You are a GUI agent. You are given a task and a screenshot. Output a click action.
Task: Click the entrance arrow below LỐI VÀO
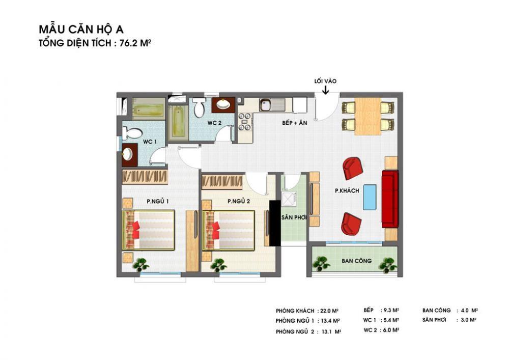pos(325,90)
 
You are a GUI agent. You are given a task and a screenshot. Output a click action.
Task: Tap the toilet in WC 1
pos(132,133)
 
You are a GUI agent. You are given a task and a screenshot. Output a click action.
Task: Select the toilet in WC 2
pos(200,107)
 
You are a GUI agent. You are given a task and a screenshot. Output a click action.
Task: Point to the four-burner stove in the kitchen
pos(244,121)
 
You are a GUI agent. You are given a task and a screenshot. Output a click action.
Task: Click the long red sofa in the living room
pos(390,199)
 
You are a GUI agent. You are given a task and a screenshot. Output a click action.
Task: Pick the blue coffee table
pos(370,197)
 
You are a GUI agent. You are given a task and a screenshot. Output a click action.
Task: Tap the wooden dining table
pos(367,116)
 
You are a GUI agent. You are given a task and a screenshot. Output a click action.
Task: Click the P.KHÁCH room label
pos(347,191)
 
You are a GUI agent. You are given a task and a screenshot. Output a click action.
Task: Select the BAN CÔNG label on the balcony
pos(356,261)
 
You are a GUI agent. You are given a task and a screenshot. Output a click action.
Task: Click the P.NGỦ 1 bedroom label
pos(157,201)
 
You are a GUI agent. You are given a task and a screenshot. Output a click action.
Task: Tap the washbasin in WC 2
pos(223,104)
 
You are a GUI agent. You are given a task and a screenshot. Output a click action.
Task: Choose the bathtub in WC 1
pos(148,109)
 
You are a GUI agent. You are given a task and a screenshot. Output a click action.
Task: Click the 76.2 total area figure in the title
pos(128,43)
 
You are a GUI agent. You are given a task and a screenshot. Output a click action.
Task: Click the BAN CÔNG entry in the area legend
pos(436,310)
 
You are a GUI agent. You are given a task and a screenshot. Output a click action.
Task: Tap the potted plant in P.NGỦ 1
pos(140,265)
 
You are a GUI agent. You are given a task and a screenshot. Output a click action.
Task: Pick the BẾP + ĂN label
pos(294,123)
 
